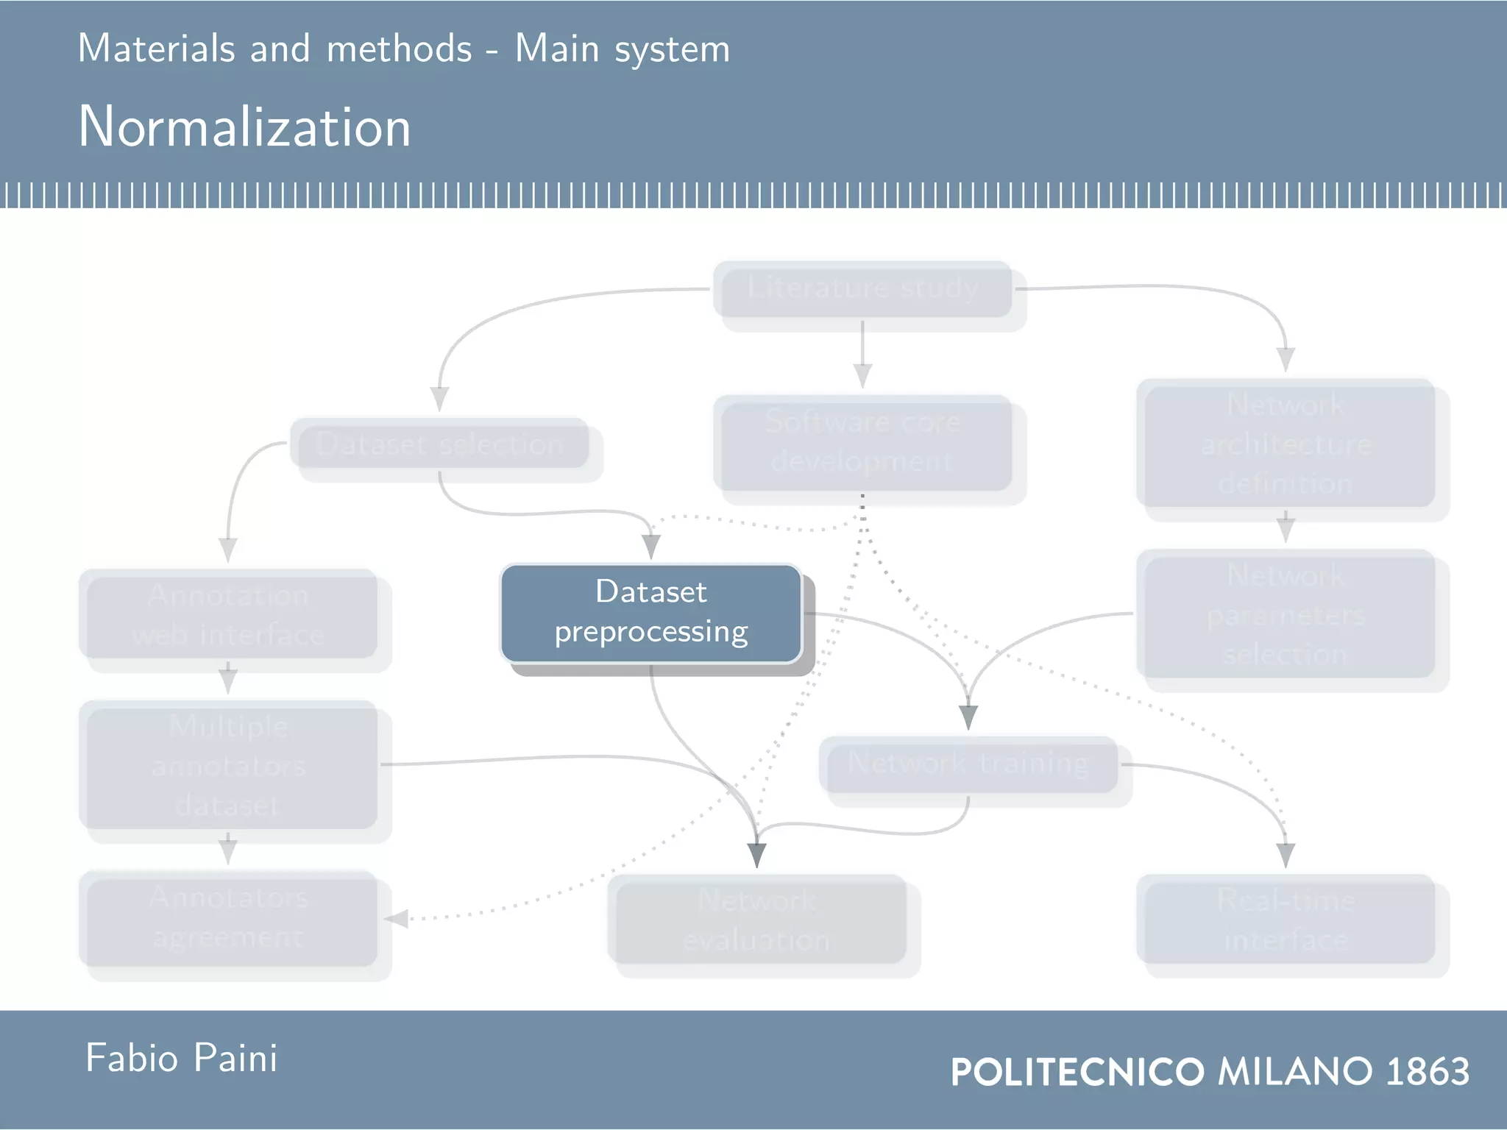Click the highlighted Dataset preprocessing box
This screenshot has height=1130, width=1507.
(651, 613)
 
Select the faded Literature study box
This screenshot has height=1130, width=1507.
(862, 289)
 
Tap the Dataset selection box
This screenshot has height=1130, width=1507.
(440, 444)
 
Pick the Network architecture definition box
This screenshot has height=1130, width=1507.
(1286, 444)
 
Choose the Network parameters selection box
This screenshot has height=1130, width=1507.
(1286, 614)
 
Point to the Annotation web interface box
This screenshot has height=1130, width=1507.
(228, 614)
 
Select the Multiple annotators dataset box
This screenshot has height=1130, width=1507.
(228, 765)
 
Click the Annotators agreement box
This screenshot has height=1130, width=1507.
(228, 918)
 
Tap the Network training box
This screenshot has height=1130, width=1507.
(968, 764)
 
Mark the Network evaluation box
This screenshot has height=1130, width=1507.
(756, 920)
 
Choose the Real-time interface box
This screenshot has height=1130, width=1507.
(1286, 920)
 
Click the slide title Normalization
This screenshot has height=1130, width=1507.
(244, 127)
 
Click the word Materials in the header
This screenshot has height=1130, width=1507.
(156, 49)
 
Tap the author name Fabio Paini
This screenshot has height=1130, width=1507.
(181, 1059)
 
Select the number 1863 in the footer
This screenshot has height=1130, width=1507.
(1428, 1071)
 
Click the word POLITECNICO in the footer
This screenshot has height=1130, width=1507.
(1077, 1072)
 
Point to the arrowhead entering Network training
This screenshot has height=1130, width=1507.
(968, 717)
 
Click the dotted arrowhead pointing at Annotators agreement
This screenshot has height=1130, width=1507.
(396, 919)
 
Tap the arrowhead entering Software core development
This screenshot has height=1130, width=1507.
(862, 376)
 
